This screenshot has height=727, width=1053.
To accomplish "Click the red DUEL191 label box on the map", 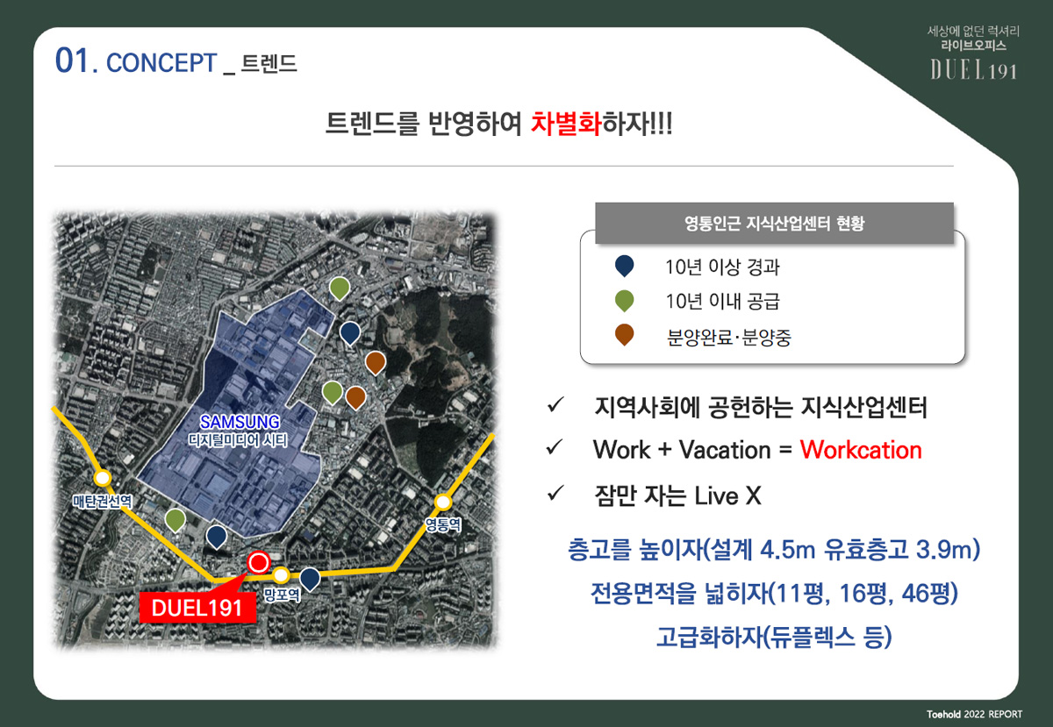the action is point(197,608).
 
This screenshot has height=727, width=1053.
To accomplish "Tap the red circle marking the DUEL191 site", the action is point(258,562).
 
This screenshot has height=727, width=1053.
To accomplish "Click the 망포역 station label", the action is point(281,595).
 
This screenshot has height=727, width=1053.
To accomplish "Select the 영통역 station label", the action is point(443,524).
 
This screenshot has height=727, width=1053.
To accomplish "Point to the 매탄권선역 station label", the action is point(103,501).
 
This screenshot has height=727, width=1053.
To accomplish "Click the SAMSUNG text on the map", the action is point(240,422).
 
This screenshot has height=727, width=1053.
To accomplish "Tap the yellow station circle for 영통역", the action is point(442,502).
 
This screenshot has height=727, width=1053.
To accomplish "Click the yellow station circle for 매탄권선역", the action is point(103,478).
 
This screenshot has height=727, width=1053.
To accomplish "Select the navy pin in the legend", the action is point(624,266).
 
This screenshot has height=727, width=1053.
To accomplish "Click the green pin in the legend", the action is point(624,301).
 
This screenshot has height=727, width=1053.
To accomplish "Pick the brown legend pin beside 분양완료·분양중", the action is point(624,335).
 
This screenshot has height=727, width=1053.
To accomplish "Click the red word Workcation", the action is point(861,450).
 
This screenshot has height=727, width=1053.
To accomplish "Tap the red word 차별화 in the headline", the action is point(566,124).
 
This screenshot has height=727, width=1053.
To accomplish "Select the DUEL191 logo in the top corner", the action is point(973,71).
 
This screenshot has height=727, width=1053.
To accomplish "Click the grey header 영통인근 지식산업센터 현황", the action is point(774,224).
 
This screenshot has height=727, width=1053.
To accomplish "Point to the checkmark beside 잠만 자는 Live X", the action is point(555,494).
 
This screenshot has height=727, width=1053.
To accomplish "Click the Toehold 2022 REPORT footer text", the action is point(975,715).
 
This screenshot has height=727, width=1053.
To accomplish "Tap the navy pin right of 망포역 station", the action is point(310,579).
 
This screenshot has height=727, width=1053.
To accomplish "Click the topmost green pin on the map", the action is point(340,289).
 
